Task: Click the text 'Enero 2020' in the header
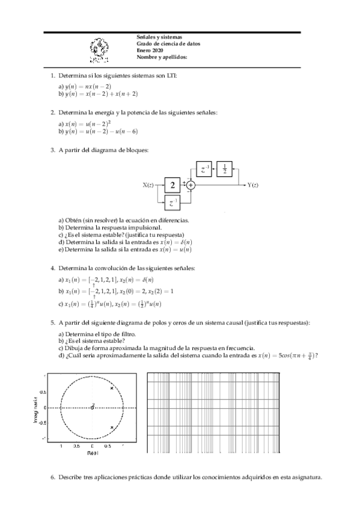click(150, 51)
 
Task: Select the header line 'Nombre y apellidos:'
click(162, 57)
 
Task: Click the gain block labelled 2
click(172, 185)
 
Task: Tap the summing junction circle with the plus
click(191, 185)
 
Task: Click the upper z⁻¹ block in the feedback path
click(205, 171)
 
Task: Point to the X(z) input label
click(150, 185)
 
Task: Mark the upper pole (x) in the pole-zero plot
click(112, 389)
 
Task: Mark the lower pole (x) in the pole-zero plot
click(112, 428)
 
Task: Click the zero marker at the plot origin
click(92, 408)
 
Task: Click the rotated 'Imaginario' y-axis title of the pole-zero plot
click(35, 408)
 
